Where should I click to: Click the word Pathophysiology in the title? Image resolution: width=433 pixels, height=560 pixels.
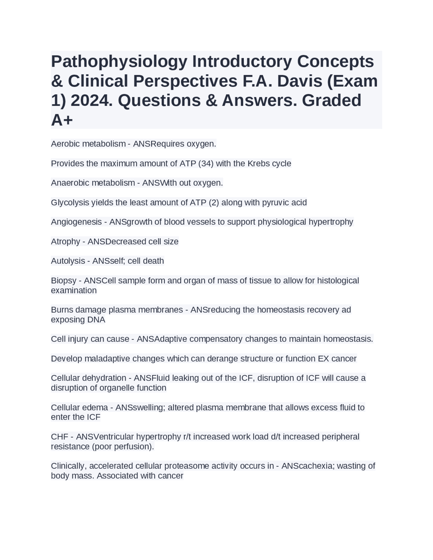click(119, 62)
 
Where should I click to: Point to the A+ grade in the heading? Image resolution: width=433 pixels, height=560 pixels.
click(62, 120)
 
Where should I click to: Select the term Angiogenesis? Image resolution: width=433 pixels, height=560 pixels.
click(76, 222)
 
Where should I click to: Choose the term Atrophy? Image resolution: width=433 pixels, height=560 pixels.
click(65, 242)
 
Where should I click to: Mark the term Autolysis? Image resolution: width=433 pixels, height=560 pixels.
click(68, 261)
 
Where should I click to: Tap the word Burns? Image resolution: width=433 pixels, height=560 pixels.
click(62, 310)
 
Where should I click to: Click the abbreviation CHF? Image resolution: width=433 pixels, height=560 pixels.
click(60, 437)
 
